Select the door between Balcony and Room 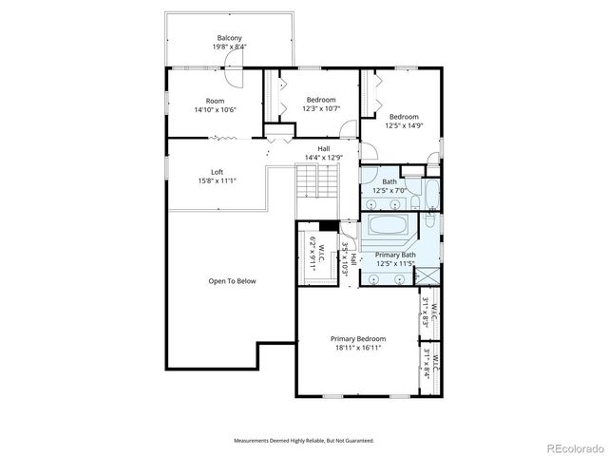(233, 61)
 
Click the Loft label (217, 171)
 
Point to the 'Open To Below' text (232, 281)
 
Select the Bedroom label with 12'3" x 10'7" (320, 100)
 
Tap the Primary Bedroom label (358, 339)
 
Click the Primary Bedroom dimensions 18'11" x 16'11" (358, 349)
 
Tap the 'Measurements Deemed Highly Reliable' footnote (303, 441)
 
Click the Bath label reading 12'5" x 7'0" (389, 185)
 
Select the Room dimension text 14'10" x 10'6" (215, 109)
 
